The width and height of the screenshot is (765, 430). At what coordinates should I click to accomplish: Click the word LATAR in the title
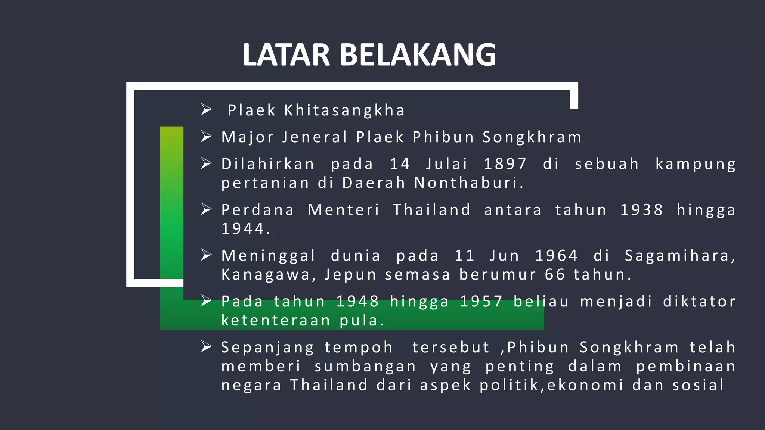click(x=286, y=55)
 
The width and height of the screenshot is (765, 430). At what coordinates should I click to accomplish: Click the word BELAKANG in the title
click(x=418, y=55)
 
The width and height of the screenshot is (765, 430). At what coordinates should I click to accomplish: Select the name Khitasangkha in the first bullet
click(x=344, y=110)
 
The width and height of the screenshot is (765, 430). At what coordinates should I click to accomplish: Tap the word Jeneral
click(x=315, y=137)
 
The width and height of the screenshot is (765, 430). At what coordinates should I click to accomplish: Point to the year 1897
click(x=505, y=164)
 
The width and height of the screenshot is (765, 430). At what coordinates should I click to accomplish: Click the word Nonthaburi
click(x=469, y=183)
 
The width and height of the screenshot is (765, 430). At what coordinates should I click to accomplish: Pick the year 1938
click(x=641, y=210)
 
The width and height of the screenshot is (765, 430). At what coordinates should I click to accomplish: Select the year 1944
click(x=245, y=229)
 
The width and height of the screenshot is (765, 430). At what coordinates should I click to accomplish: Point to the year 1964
click(x=556, y=256)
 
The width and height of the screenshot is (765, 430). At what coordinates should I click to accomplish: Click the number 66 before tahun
click(x=555, y=275)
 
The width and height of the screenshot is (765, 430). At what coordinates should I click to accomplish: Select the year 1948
click(x=357, y=302)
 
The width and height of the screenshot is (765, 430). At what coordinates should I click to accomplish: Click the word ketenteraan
click(x=276, y=321)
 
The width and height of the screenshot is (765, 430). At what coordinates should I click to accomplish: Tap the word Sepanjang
click(x=267, y=348)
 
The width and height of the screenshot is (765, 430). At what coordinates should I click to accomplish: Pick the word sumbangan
click(x=365, y=367)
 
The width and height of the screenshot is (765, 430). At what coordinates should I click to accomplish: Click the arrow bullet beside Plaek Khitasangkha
click(x=206, y=110)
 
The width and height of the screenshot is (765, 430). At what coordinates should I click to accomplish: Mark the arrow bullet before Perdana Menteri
click(x=206, y=209)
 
